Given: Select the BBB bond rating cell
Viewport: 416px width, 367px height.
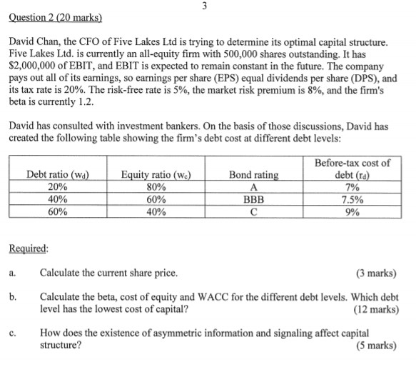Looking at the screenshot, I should pos(254,199).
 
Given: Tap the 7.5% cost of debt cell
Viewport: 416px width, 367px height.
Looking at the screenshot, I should pos(352,199).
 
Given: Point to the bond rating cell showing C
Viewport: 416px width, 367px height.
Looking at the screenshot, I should pos(254,211).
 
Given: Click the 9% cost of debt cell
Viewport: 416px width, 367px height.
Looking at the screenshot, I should pos(352,211).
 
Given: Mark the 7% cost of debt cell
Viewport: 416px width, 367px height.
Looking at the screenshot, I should pos(352,187).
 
